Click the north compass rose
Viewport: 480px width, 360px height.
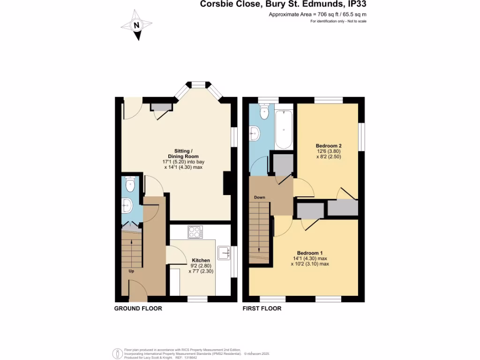[x=136, y=26]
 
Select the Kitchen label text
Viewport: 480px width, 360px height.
[x=201, y=260]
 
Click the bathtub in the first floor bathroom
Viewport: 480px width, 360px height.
[x=284, y=129]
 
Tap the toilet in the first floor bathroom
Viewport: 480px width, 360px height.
[x=264, y=111]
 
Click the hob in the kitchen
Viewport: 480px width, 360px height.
[x=195, y=232]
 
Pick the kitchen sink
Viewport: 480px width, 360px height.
[x=223, y=252]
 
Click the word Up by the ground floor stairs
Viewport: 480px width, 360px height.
[x=132, y=270]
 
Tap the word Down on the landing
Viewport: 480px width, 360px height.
[x=260, y=197]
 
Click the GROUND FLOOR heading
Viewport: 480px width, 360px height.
[x=138, y=308]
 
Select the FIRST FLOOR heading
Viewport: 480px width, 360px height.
[x=262, y=308]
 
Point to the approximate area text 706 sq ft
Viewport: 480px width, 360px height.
[x=317, y=15]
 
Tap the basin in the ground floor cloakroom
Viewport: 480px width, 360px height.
[x=126, y=204]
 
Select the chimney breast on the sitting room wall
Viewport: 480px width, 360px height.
[x=227, y=183]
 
